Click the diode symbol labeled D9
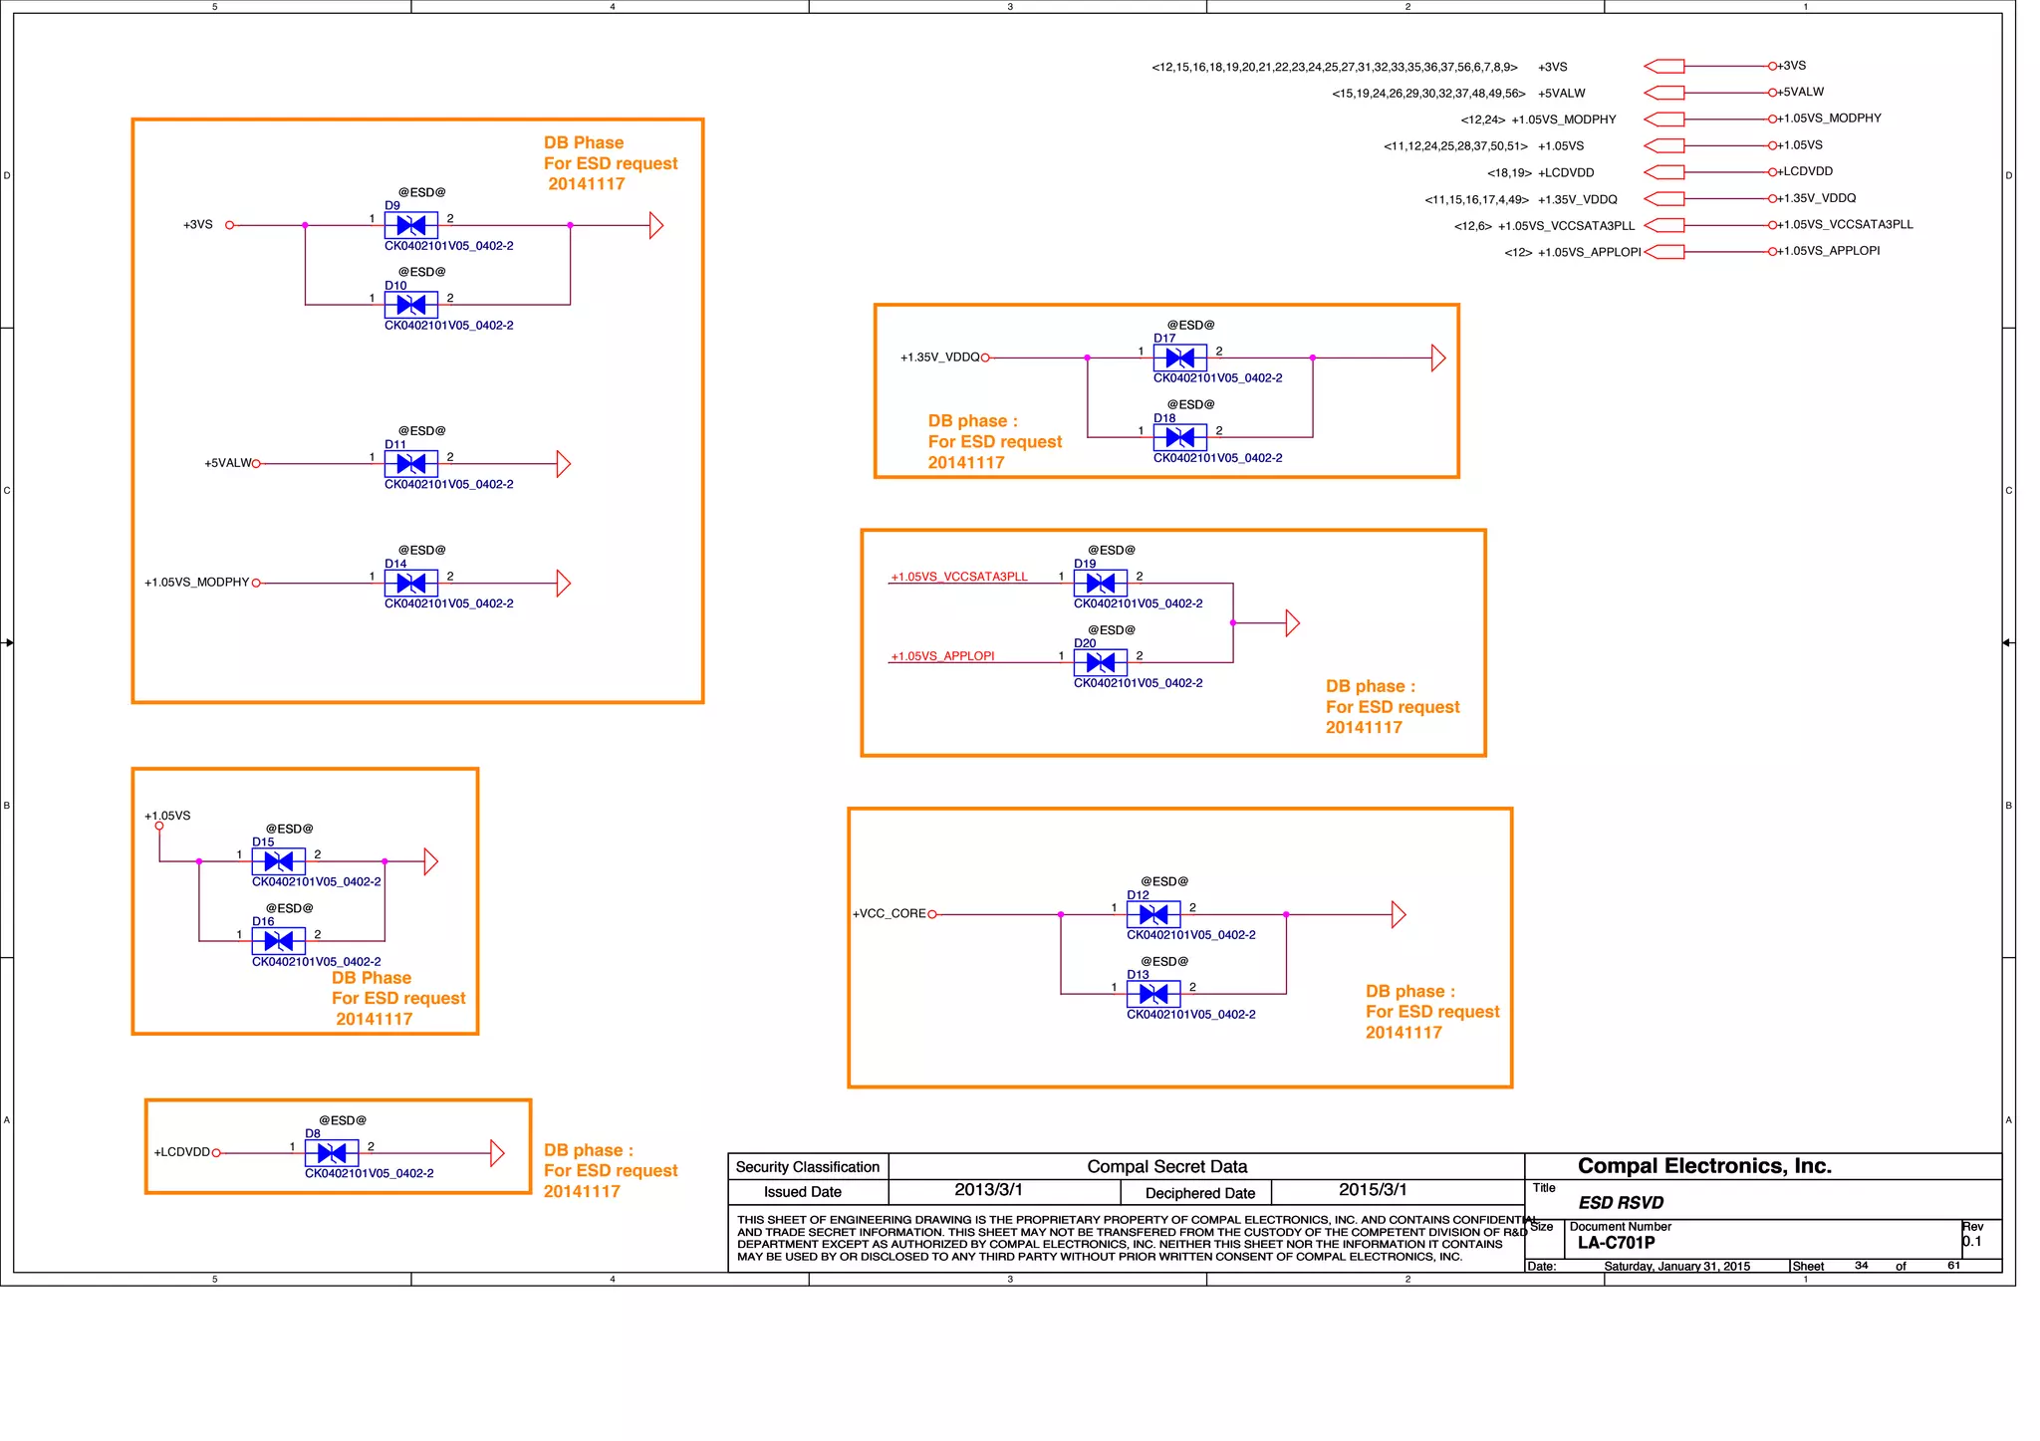(x=410, y=225)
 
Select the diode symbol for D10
(x=410, y=305)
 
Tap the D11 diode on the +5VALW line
(x=410, y=464)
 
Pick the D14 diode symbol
(x=410, y=584)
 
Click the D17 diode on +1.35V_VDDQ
(x=1179, y=358)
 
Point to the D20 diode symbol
(x=1100, y=662)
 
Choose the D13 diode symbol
(x=1152, y=994)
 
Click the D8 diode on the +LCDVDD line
(x=331, y=1153)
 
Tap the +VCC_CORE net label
(x=889, y=914)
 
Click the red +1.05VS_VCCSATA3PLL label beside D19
(x=958, y=577)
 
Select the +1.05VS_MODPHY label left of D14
(x=196, y=583)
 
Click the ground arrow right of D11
(x=564, y=464)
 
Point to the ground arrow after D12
(x=1399, y=914)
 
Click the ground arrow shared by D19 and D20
(x=1293, y=623)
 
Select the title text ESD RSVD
(x=1621, y=1203)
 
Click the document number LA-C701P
(x=1616, y=1243)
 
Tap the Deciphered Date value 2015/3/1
(x=1372, y=1190)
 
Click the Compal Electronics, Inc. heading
(x=1704, y=1166)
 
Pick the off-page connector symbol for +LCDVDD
(x=1663, y=172)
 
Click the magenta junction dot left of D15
(x=199, y=861)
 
